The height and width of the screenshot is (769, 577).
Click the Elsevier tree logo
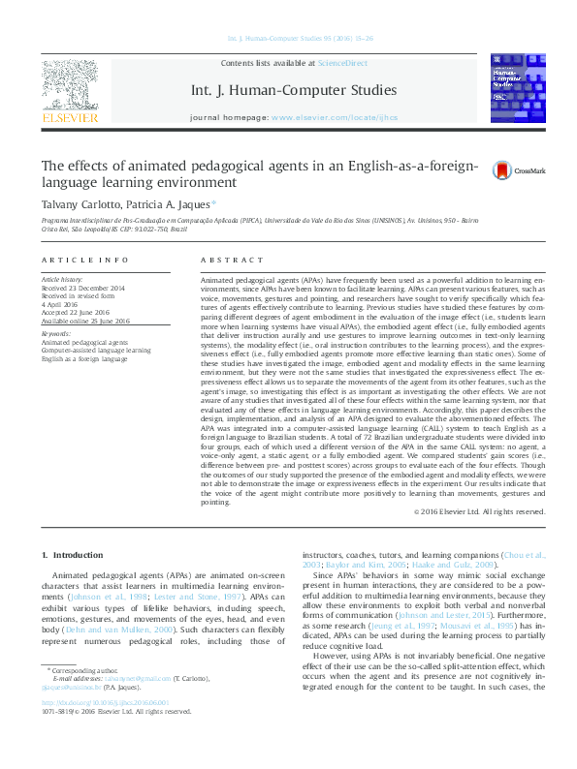click(x=69, y=85)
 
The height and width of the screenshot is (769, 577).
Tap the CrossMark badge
click(x=518, y=170)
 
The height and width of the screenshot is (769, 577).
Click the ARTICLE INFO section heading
click(x=84, y=261)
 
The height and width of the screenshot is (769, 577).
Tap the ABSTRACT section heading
click(x=231, y=261)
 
